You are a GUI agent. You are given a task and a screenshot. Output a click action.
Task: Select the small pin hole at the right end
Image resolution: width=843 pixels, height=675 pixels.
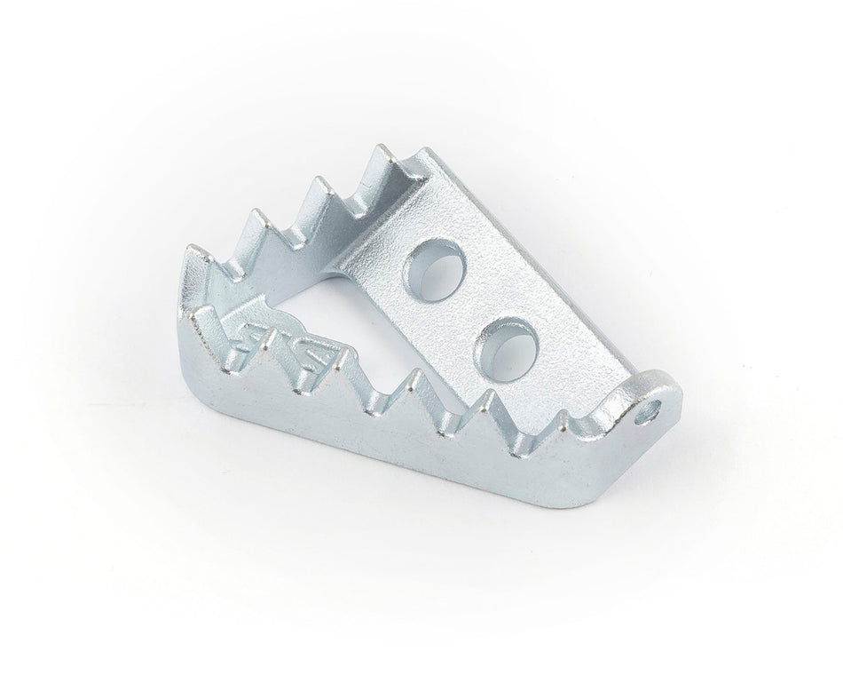point(655,410)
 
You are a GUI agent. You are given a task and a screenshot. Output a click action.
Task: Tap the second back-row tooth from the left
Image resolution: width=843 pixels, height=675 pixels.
point(256,213)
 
